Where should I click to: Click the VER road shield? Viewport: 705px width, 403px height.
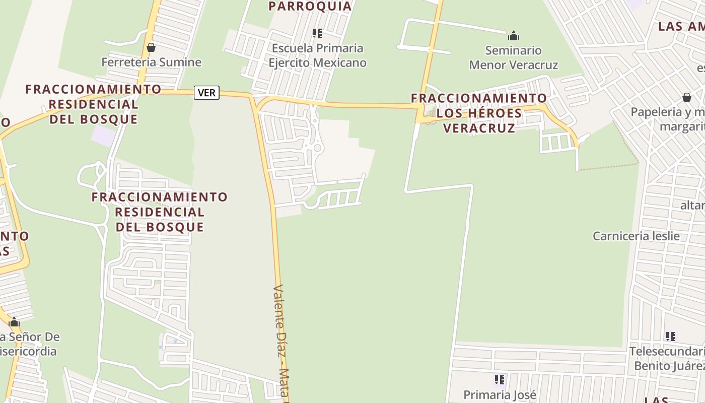[206, 93]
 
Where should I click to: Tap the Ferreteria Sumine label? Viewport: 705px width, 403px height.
[151, 62]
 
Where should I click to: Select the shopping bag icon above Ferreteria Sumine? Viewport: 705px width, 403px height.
[151, 47]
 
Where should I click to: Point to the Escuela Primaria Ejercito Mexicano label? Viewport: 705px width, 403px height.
[317, 55]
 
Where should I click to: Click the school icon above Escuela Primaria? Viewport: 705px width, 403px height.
[317, 33]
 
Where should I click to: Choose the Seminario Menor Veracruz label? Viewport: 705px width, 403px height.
[514, 57]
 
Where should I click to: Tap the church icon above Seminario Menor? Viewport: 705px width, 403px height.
[514, 36]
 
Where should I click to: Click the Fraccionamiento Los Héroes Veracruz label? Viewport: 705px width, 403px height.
[479, 113]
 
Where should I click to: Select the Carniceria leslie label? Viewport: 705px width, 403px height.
[636, 236]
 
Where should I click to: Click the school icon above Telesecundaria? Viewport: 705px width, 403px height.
[670, 336]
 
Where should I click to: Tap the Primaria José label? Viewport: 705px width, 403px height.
[500, 395]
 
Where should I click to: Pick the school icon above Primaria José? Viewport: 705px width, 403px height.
[500, 379]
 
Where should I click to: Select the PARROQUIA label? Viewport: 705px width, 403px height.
[310, 6]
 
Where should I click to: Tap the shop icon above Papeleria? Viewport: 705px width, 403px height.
[687, 97]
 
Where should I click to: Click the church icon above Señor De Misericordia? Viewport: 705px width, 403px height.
[14, 322]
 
